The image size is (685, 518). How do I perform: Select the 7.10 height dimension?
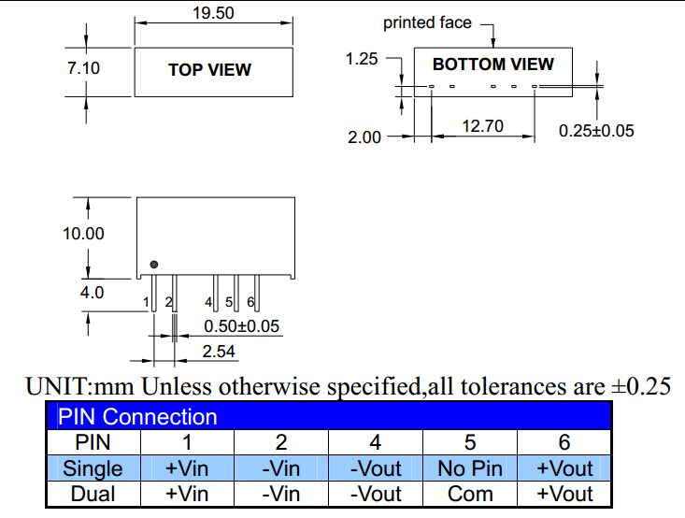[83, 68]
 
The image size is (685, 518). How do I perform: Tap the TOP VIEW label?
[209, 69]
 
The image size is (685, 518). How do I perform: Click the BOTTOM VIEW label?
[493, 65]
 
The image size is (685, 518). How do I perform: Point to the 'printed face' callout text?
[428, 22]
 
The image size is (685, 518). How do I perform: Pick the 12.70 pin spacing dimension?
[483, 125]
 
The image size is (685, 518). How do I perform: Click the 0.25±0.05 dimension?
[596, 131]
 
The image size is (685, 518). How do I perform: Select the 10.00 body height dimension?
[83, 234]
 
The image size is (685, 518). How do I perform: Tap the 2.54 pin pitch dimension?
[219, 352]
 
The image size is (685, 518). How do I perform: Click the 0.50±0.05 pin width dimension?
[242, 326]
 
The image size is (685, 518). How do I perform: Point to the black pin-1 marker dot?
[154, 265]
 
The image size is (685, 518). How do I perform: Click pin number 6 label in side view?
[250, 302]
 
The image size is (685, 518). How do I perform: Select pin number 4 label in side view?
[209, 302]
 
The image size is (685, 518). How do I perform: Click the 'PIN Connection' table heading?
[137, 417]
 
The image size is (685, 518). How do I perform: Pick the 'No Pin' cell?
[470, 468]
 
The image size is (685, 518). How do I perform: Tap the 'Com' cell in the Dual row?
[470, 494]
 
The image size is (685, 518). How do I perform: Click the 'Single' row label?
[93, 468]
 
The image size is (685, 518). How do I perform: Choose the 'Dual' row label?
[93, 494]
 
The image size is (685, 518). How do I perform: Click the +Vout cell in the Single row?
[564, 468]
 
